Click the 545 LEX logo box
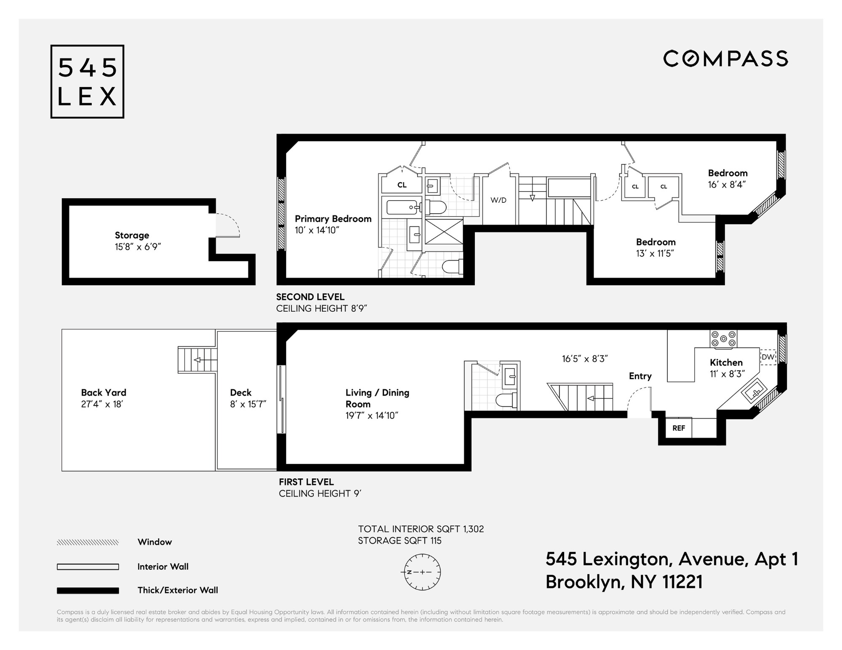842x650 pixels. pos(87,82)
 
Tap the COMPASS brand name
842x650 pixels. pos(725,58)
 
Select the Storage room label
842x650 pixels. pos(132,235)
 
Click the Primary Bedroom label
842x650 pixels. pos(333,219)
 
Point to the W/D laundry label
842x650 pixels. pos(498,200)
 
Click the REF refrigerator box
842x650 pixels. pos(678,428)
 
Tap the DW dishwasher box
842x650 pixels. pos(768,357)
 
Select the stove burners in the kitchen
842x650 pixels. pos(723,339)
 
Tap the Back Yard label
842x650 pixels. pos(104,393)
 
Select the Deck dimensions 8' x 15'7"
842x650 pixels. pos(248,404)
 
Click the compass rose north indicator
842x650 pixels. pos(422,572)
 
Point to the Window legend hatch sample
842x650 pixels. pos(88,542)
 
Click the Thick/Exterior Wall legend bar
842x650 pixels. pos(88,591)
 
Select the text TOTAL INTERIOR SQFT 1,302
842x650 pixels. pos(421,529)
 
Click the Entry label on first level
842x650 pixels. pos(640,376)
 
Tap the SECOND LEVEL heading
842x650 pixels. pos(310,297)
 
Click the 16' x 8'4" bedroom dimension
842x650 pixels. pos(727,185)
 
